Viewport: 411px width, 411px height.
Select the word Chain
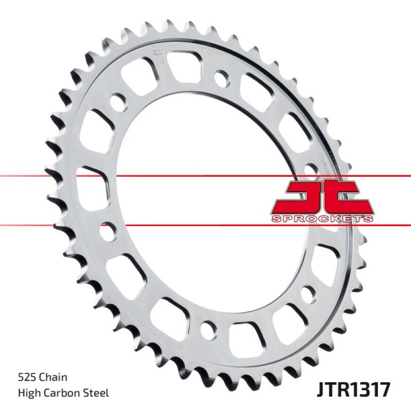tap(52, 377)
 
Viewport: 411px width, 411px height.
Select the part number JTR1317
tap(353, 390)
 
